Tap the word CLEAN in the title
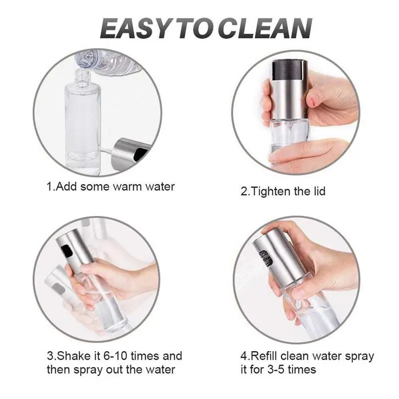[x=265, y=28]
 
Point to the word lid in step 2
[x=319, y=191]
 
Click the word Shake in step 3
[x=76, y=356]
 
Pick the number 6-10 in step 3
[x=115, y=356]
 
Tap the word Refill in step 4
[x=264, y=356]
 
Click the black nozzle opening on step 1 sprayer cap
[x=140, y=154]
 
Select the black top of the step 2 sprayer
[x=290, y=69]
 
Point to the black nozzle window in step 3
[x=67, y=250]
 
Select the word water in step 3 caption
[x=160, y=370]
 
